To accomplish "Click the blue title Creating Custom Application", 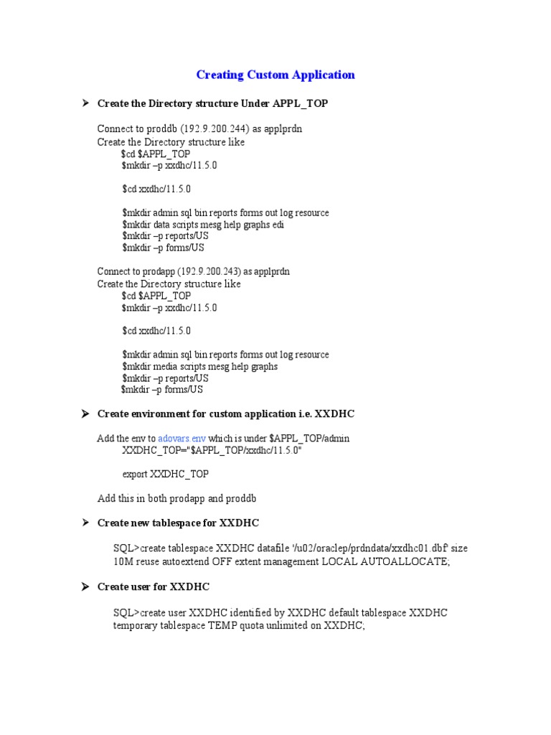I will point(275,75).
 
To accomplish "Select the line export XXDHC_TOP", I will point(166,474).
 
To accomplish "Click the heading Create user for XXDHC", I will point(154,587).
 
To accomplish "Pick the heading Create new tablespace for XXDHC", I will point(178,523).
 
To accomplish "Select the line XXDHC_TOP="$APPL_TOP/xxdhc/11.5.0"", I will point(212,450).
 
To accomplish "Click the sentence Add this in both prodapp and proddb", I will point(177,498).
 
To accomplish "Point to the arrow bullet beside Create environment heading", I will point(84,414).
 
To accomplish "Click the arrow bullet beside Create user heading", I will point(84,587).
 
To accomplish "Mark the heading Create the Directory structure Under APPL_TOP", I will point(212,104).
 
